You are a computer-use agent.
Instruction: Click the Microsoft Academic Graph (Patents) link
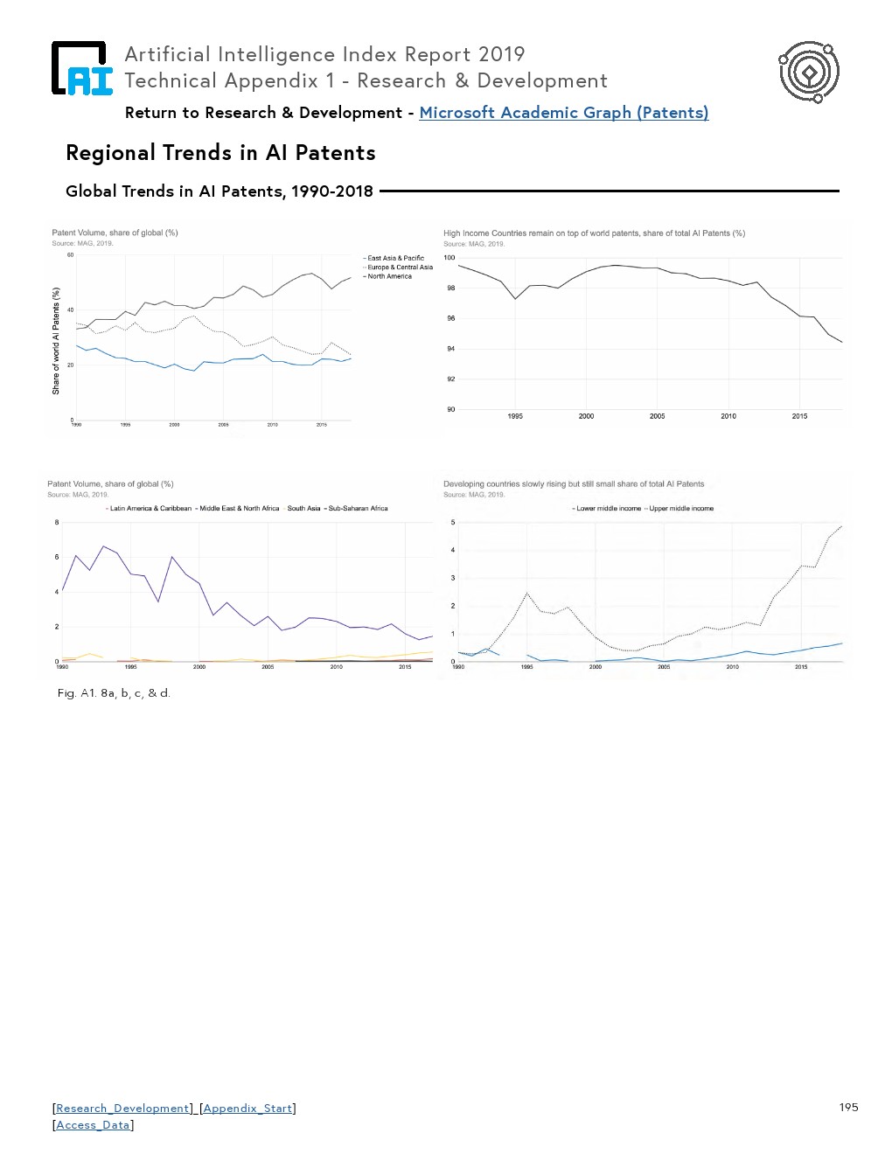pos(563,113)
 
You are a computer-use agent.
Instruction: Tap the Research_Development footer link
pos(122,1109)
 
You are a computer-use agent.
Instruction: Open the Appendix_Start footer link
pos(247,1109)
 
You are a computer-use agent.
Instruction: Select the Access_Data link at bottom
pos(93,1125)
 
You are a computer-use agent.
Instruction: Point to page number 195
pos(848,1107)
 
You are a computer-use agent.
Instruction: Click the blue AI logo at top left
pos(82,68)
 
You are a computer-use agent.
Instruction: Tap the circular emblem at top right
pos(809,72)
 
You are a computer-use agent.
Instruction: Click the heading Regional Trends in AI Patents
pos(220,153)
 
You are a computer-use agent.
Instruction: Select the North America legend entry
pos(389,276)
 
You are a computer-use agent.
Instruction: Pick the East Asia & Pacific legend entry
pos(395,258)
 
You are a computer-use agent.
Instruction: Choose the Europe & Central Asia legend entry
pos(400,268)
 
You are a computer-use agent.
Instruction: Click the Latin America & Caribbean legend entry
pos(150,508)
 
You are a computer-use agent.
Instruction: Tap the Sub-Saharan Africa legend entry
pos(358,508)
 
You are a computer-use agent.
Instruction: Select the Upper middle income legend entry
pos(681,508)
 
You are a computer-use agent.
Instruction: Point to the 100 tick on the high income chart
pos(449,258)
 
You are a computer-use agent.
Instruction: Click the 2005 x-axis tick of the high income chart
pos(657,416)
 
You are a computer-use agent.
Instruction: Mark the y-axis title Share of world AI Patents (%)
pos(56,341)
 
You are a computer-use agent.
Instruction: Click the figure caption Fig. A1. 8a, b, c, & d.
pos(114,693)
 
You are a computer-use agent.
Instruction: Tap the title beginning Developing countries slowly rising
pos(573,483)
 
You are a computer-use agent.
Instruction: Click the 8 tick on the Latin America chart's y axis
pos(57,523)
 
